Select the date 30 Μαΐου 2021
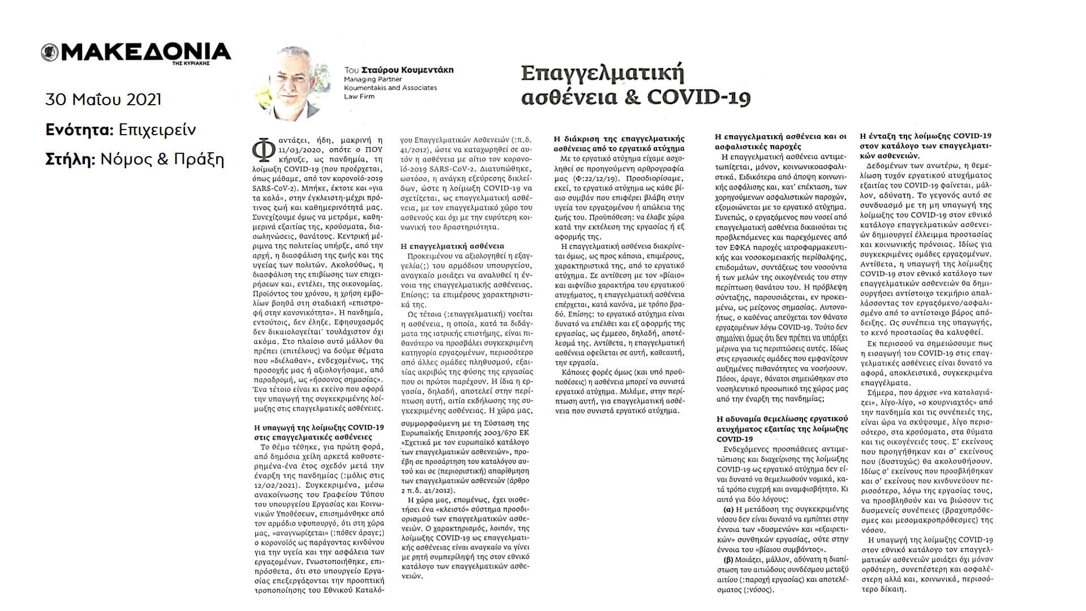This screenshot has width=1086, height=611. [103, 100]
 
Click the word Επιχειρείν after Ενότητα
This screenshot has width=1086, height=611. [157, 130]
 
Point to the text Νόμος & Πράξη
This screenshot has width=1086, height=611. [162, 160]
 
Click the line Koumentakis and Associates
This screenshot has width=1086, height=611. [390, 88]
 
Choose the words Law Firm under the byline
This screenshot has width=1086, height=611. [359, 96]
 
